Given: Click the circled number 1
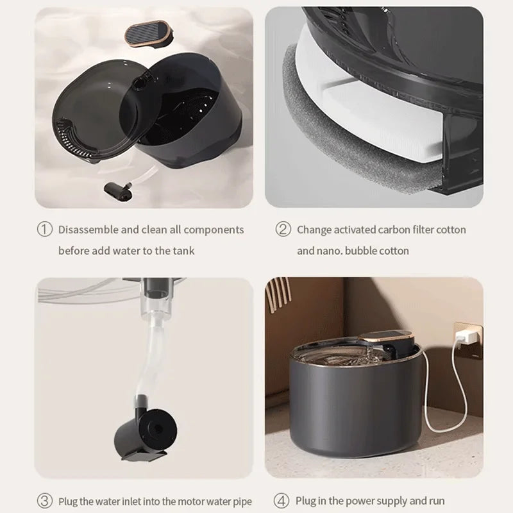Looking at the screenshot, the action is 45,230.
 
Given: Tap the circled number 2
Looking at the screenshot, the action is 283,230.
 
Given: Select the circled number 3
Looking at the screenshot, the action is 45,501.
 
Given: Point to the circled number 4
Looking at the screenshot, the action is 282,501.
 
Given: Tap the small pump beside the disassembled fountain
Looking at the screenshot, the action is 119,192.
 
